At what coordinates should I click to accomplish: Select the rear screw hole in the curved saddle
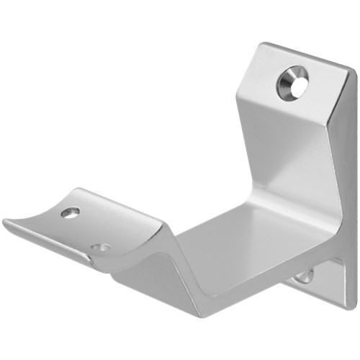point(71,212)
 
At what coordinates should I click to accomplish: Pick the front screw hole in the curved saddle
point(102,248)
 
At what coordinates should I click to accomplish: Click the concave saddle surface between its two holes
point(86,229)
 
